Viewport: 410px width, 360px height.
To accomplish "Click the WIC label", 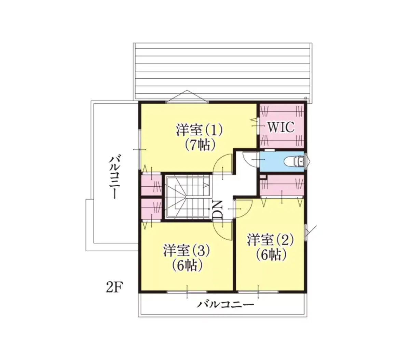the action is [x=281, y=127].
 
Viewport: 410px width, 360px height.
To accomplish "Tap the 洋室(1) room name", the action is [x=199, y=130].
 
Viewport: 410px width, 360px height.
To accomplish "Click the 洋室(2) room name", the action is [x=270, y=240].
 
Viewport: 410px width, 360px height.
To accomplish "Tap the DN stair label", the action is [x=217, y=210].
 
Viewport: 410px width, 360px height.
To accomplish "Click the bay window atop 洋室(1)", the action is [x=187, y=96].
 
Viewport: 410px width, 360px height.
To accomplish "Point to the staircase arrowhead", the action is [x=206, y=185].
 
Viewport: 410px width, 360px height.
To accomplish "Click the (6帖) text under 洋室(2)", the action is [x=271, y=255].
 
